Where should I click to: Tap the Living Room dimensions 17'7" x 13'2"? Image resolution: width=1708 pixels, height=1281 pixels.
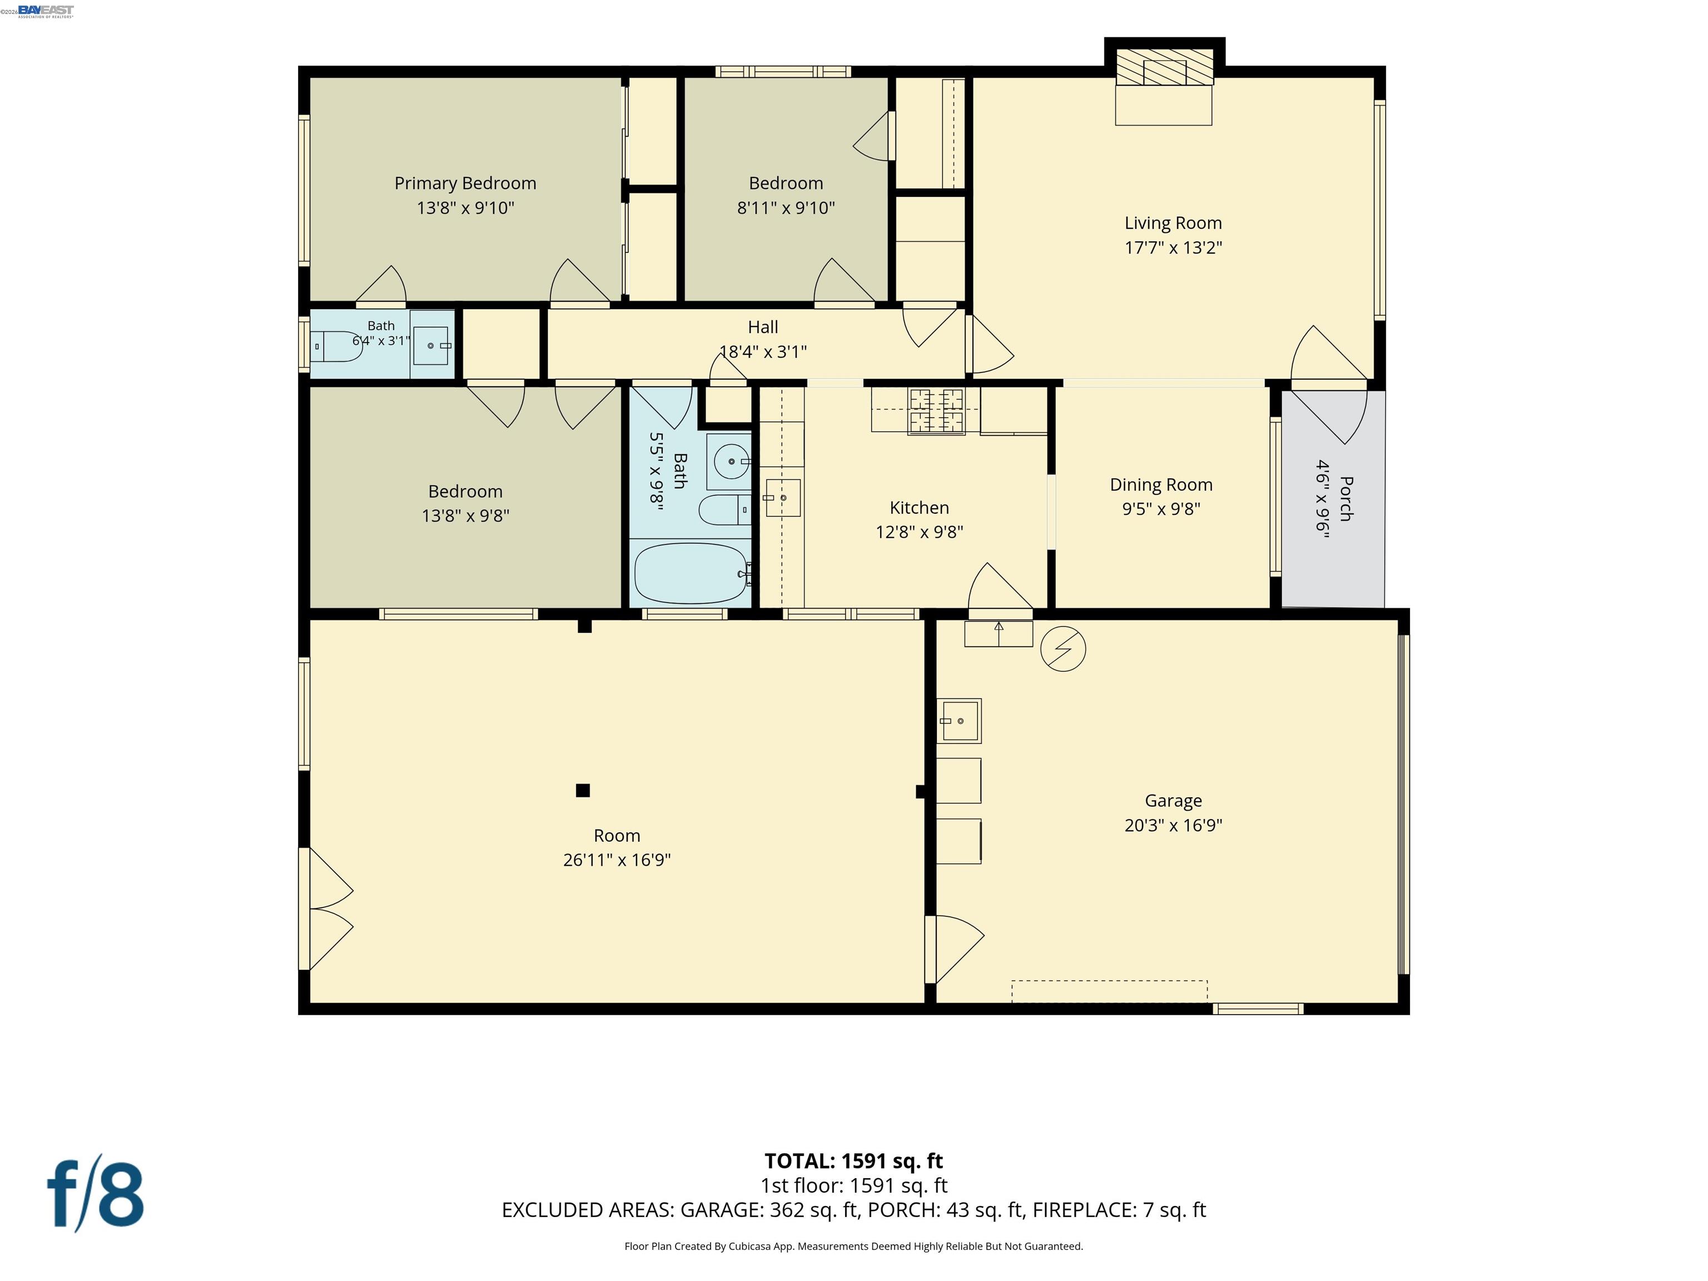tap(1173, 248)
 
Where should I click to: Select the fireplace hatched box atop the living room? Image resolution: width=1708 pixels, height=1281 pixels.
tap(1164, 67)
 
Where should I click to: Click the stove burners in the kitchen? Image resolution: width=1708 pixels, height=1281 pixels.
tap(937, 411)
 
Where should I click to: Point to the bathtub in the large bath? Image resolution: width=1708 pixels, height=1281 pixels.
tap(691, 574)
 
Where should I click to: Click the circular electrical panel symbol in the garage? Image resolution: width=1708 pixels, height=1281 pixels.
tap(1063, 649)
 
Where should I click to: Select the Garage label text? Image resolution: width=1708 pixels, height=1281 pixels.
tap(1173, 801)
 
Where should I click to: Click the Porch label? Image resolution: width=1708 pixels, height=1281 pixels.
tap(1346, 499)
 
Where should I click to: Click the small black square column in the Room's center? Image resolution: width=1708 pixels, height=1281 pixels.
tap(583, 790)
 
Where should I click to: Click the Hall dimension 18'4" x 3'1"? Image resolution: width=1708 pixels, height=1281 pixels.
tap(763, 352)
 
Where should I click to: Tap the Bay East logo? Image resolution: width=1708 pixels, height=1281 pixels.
tap(46, 11)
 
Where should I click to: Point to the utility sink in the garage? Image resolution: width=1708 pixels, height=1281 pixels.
tap(959, 721)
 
